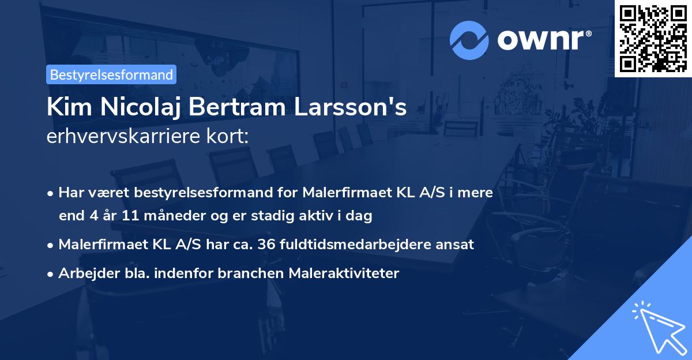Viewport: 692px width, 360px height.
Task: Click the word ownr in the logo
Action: tap(543, 39)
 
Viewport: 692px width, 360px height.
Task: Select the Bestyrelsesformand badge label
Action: tap(111, 74)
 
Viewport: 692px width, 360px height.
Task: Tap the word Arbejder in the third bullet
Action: tap(84, 273)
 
